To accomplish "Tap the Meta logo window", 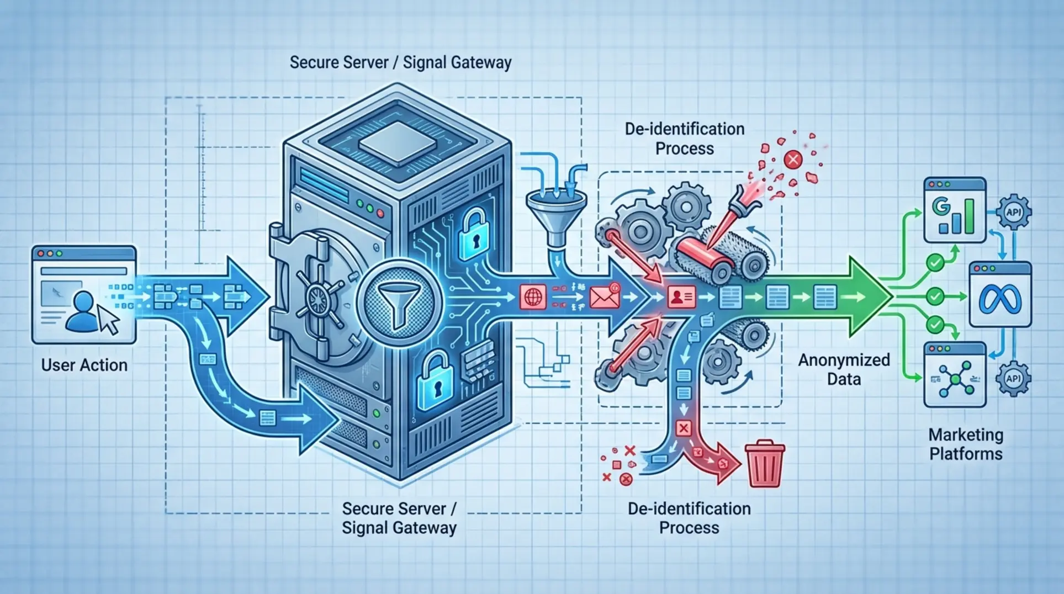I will click(1000, 295).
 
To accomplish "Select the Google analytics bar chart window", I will click(955, 210).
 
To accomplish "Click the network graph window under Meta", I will click(955, 375).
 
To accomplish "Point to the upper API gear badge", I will click(1013, 212).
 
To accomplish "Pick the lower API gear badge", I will click(1013, 378).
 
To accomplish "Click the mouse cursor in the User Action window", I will click(109, 319).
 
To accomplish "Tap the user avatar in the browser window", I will click(83, 312).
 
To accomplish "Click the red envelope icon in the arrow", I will click(605, 297).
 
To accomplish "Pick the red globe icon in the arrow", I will click(533, 297).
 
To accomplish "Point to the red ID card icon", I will click(681, 297).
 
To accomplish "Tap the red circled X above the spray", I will click(793, 160).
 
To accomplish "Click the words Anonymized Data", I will click(844, 369).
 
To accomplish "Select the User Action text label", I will click(84, 365).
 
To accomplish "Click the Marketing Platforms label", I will click(965, 444).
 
